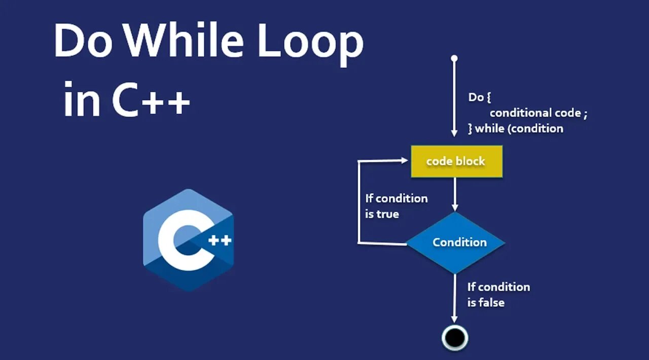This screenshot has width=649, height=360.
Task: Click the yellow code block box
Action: click(456, 161)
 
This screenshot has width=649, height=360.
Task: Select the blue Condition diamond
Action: click(456, 242)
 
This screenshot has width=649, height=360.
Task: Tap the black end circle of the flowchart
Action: click(455, 337)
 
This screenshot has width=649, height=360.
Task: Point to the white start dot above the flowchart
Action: click(454, 58)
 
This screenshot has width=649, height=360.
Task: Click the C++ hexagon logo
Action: click(189, 240)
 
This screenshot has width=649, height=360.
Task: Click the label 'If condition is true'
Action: click(396, 206)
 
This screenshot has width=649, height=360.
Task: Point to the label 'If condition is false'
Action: click(498, 294)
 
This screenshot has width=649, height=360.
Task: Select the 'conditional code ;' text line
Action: click(538, 113)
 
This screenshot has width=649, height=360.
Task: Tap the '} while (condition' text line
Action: click(515, 129)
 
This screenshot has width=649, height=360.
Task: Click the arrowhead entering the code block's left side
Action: click(405, 161)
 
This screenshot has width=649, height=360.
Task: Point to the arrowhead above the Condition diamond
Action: click(455, 206)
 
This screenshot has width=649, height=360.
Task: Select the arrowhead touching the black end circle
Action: click(454, 318)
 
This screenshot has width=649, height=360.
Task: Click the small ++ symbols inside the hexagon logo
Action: click(220, 240)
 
